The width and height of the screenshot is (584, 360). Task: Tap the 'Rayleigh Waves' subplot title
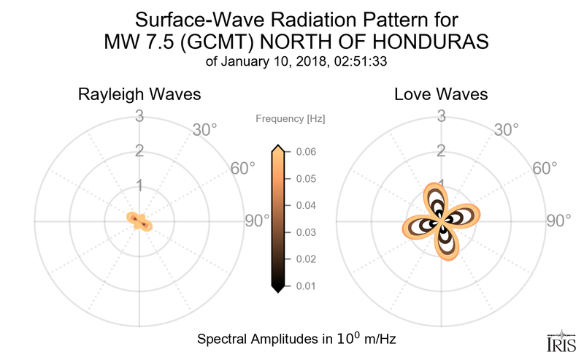[139, 95]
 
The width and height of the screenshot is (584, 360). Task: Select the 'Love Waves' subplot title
[441, 95]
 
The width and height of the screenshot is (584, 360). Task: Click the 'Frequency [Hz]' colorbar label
[291, 118]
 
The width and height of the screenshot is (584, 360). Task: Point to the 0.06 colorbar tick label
[307, 152]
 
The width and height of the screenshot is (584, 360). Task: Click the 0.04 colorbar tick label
[307, 205]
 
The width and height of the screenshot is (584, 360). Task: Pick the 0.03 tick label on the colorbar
[307, 232]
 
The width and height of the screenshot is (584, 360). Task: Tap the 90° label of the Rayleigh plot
[257, 221]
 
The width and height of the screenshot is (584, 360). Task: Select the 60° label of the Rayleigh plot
[243, 168]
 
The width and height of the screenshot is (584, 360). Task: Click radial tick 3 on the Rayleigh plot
[139, 115]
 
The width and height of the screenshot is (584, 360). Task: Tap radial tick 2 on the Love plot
[441, 151]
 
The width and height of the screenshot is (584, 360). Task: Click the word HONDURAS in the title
[430, 42]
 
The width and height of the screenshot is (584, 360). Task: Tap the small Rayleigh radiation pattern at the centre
[139, 220]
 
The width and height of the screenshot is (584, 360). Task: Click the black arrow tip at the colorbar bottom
[278, 289]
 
